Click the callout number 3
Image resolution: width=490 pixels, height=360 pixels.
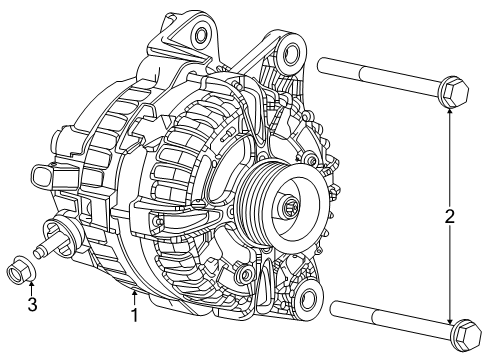[31, 304]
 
